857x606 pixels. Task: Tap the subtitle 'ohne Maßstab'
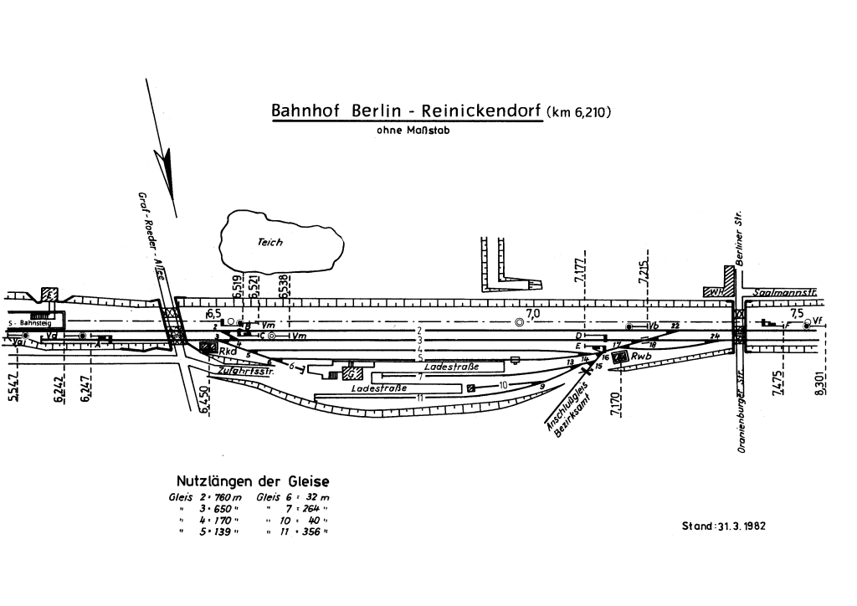click(414, 130)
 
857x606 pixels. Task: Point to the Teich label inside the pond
click(270, 242)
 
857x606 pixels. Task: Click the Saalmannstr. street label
click(785, 292)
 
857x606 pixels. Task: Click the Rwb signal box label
click(641, 357)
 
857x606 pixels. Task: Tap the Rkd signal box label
click(228, 351)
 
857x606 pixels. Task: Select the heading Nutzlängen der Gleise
click(252, 481)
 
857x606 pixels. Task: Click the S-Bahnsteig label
click(28, 322)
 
